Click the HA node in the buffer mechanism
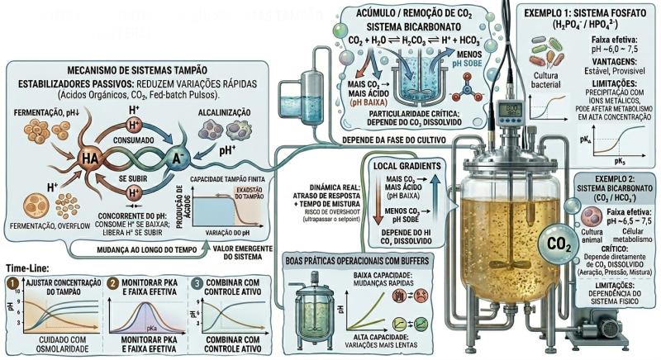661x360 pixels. (x=89, y=158)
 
